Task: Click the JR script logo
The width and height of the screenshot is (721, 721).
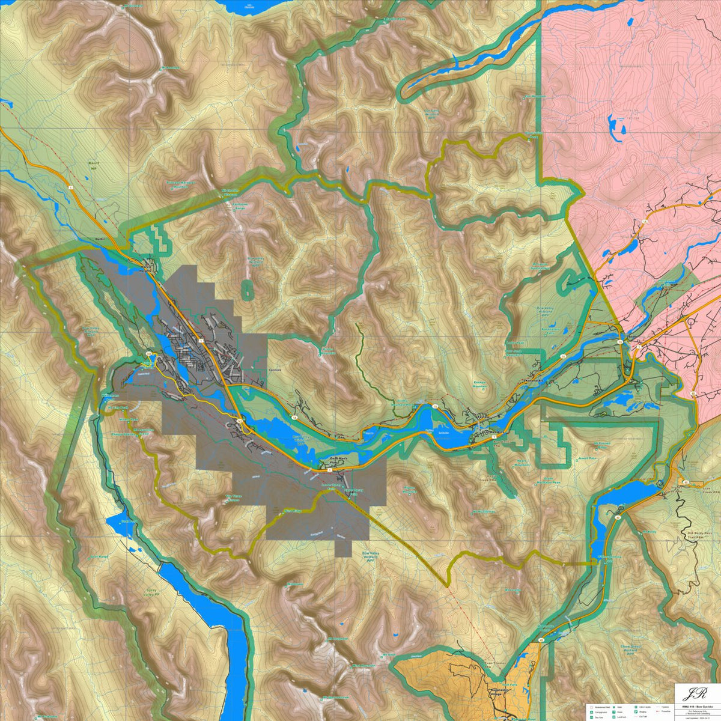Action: click(696, 692)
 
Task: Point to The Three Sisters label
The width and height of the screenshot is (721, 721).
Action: click(233, 498)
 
